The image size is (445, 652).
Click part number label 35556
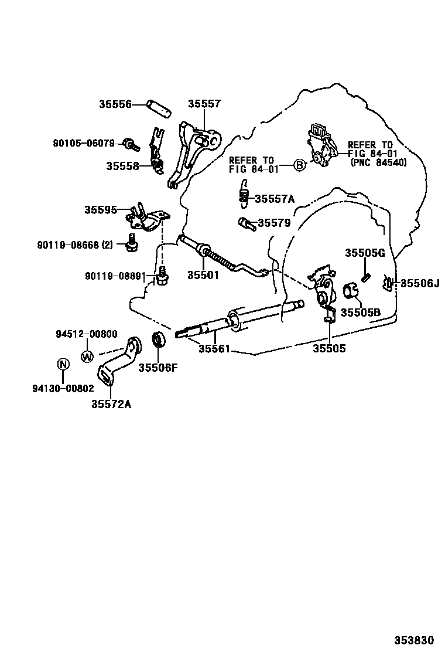tap(115, 104)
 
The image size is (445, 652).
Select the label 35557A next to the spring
tap(275, 199)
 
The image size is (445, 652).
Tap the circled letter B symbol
tap(299, 165)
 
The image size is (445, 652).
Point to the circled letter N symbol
tap(63, 365)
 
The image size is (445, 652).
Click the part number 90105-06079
tap(86, 143)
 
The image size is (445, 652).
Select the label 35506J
tap(419, 283)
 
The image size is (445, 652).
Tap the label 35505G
tap(364, 253)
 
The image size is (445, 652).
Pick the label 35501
tap(203, 274)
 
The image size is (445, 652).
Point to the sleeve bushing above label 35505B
tap(351, 290)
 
